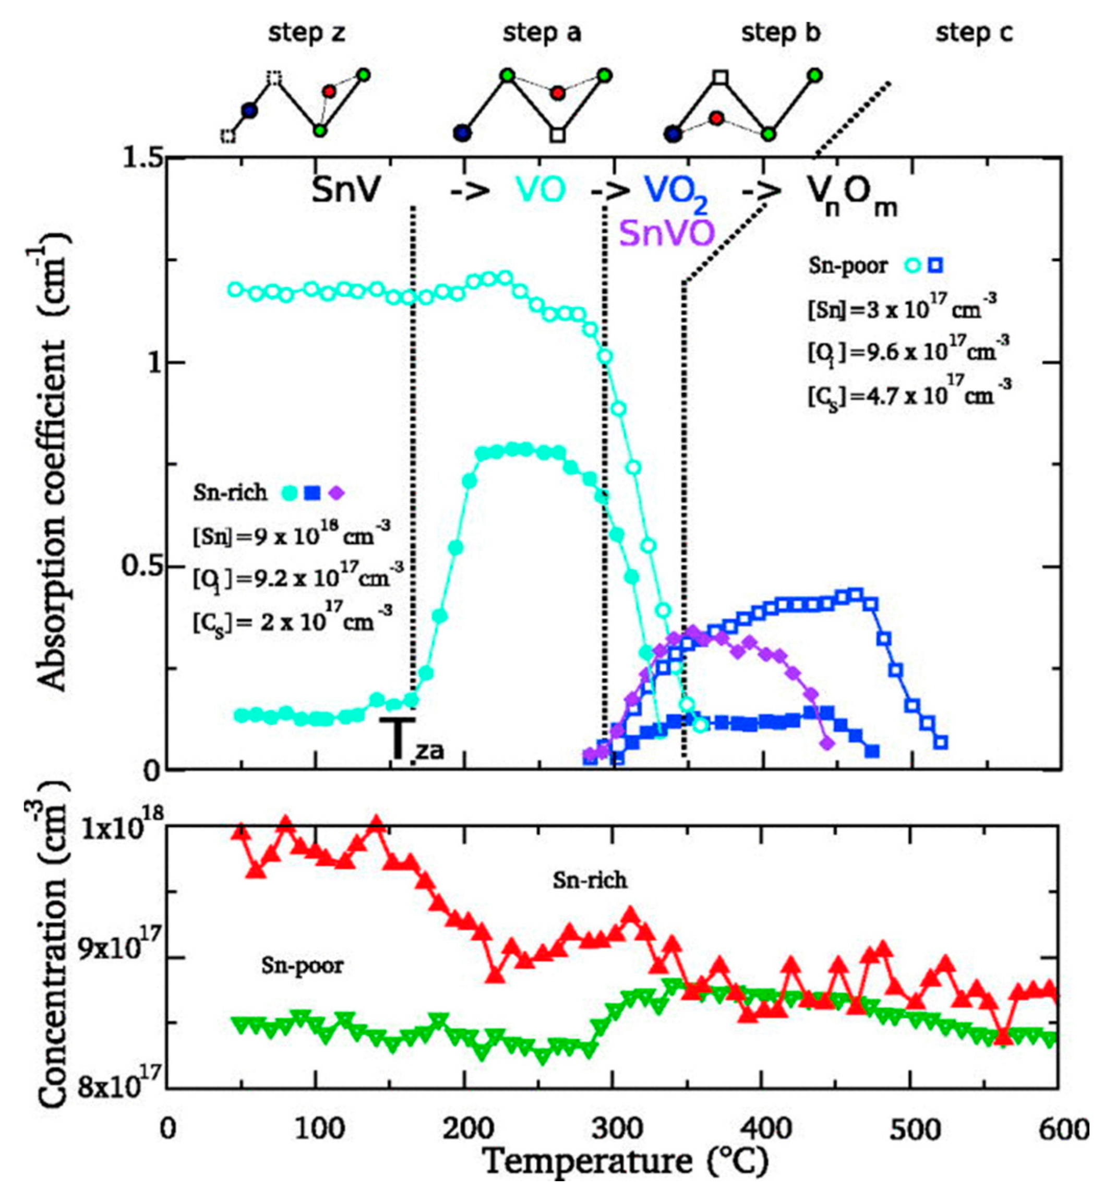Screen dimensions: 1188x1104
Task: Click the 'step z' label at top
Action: pyautogui.click(x=306, y=34)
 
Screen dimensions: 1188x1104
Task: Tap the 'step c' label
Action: pyautogui.click(x=974, y=34)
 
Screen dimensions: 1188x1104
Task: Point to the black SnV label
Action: pyautogui.click(x=346, y=191)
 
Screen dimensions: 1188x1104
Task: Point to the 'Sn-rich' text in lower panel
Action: pyautogui.click(x=590, y=880)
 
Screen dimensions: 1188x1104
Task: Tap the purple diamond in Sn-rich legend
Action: pyautogui.click(x=338, y=493)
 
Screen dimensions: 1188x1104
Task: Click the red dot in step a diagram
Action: pyautogui.click(x=558, y=93)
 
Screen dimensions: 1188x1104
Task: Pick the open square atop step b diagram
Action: pyautogui.click(x=721, y=77)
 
